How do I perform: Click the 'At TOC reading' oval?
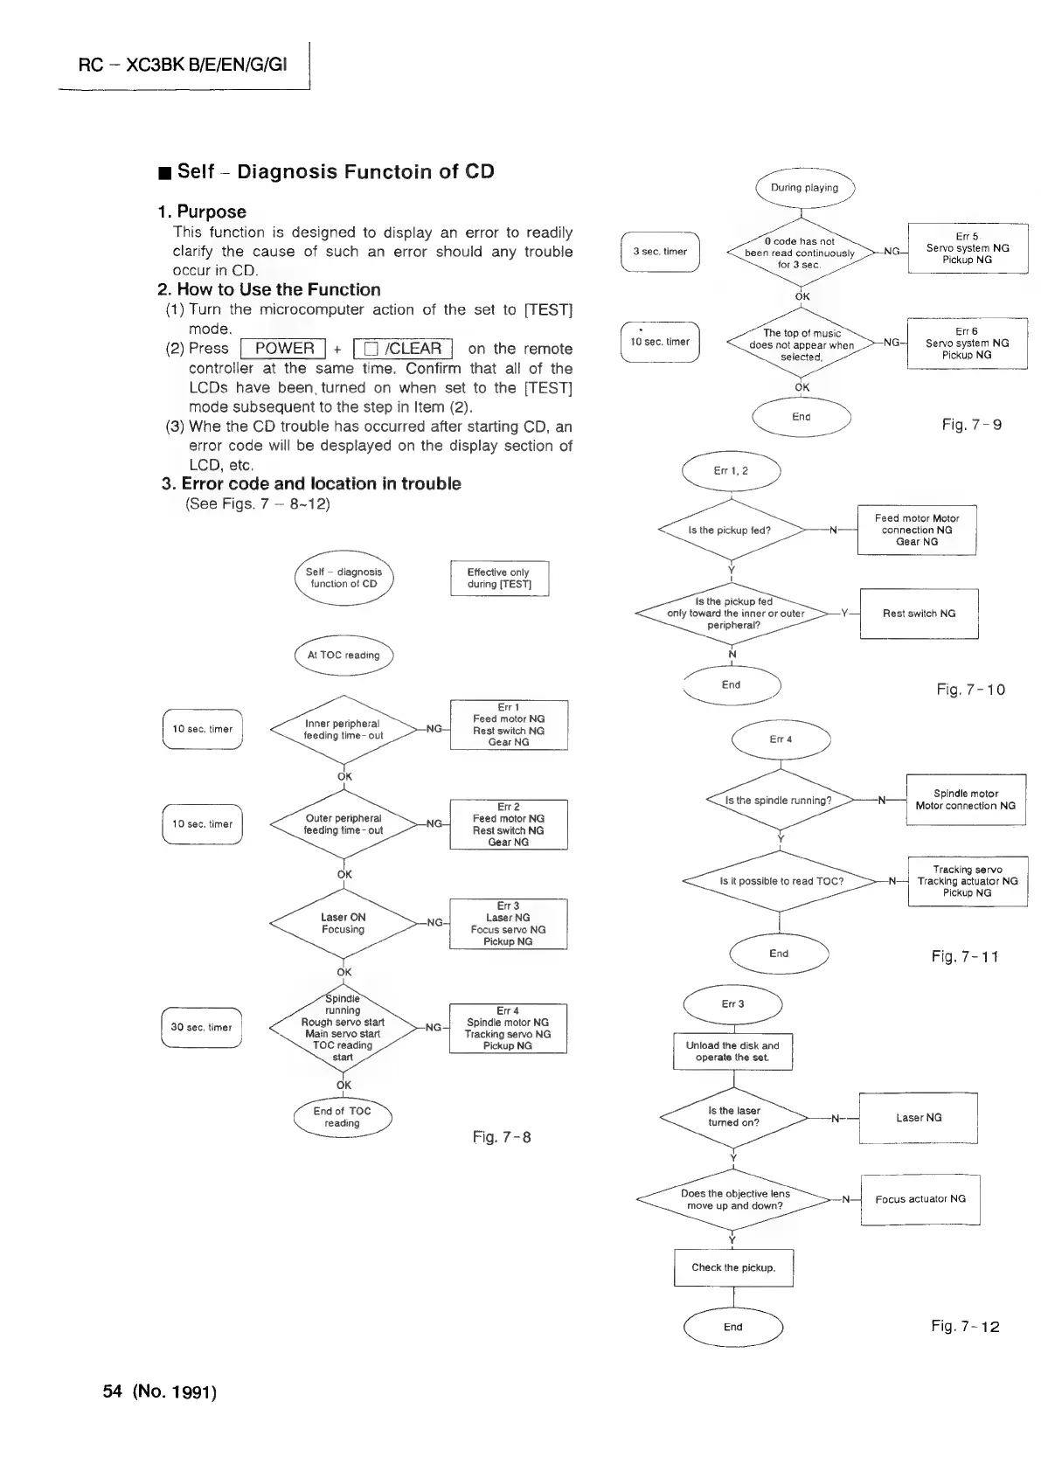[344, 655]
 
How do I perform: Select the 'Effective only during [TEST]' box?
[499, 579]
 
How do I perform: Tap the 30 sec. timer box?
[202, 1027]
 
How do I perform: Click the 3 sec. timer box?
[660, 252]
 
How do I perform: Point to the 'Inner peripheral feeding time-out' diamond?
[344, 729]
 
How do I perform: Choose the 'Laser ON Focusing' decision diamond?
[344, 923]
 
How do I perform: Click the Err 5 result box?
[968, 248]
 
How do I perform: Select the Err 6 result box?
[968, 343]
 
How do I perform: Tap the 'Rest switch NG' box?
[919, 614]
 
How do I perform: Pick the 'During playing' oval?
[804, 188]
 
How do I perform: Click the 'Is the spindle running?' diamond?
[779, 800]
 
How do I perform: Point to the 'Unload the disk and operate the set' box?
[732, 1051]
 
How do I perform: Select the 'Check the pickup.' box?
[733, 1267]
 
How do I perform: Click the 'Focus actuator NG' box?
[920, 1199]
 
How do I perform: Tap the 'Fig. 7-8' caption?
[502, 1137]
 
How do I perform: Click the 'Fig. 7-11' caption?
[965, 956]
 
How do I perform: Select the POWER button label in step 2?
[283, 349]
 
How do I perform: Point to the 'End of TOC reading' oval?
[343, 1117]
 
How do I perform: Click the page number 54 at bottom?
[111, 1391]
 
